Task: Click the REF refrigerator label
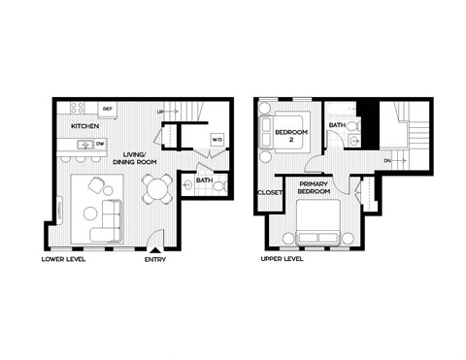click(108, 110)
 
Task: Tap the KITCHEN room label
click(84, 127)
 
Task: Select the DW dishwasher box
click(100, 146)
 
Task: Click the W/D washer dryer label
click(216, 138)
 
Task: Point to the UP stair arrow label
click(161, 113)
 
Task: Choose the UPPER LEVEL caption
click(283, 261)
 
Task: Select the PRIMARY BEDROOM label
click(312, 188)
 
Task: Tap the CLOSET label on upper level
click(269, 192)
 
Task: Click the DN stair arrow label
click(387, 161)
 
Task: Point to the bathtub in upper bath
click(343, 109)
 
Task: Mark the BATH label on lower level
click(204, 180)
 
